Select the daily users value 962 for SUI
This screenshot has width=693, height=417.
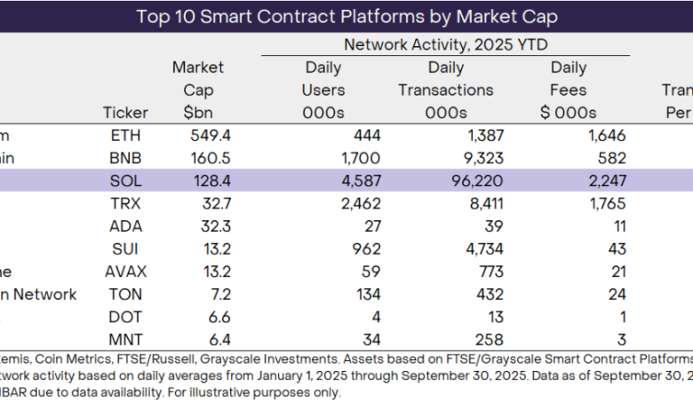tap(367, 249)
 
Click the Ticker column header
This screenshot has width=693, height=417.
tap(126, 113)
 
